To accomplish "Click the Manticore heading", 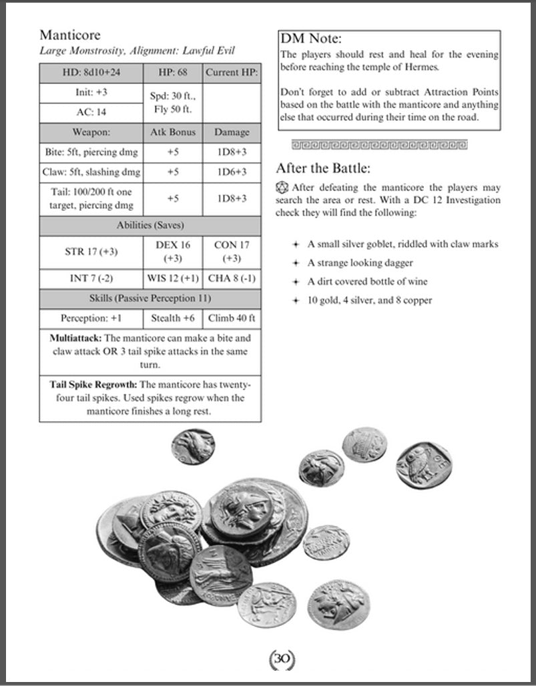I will coord(70,35).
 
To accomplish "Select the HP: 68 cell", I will coord(172,72).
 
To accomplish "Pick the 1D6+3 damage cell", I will coord(232,172).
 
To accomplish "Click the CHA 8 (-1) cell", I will coord(231,278).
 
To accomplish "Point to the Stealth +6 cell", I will coord(172,318).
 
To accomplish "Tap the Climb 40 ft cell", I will coord(231,318).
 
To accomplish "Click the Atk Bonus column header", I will coord(172,132).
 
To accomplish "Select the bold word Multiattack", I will coord(75,338).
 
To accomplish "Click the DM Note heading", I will coord(311,39).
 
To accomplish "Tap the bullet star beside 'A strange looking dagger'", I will coord(294,263).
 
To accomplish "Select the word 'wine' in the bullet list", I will coord(417,282).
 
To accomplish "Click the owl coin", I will coord(423,464).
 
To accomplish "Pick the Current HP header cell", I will coord(231,72).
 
